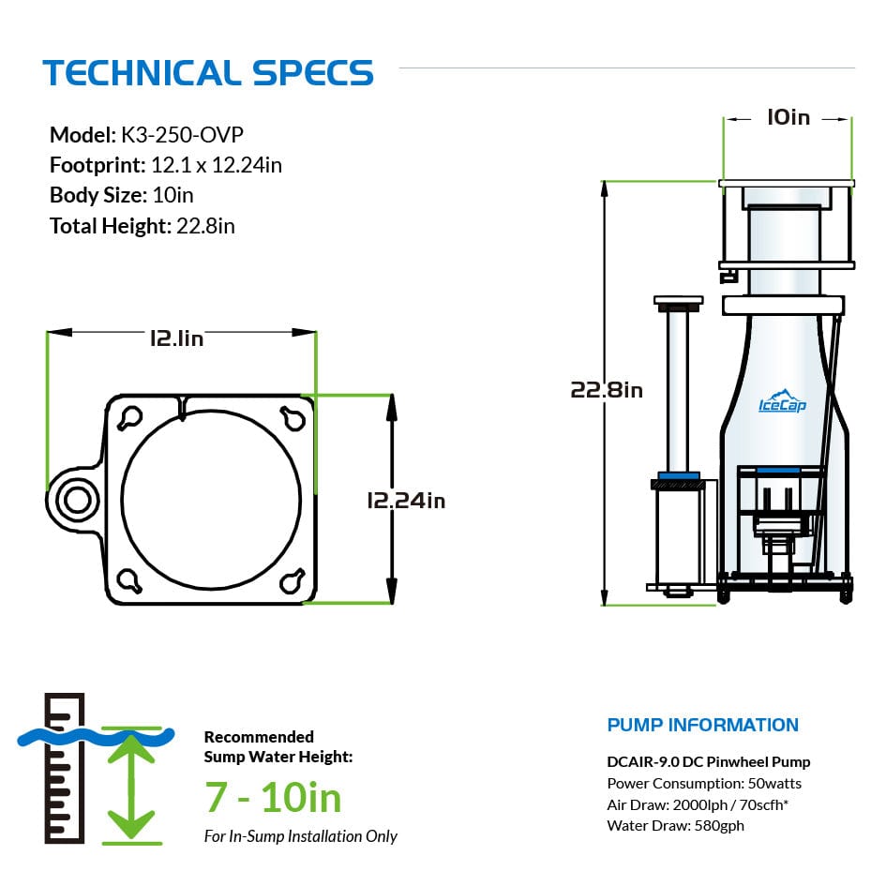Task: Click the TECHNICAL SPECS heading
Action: pyautogui.click(x=208, y=73)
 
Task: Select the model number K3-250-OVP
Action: pyautogui.click(x=182, y=135)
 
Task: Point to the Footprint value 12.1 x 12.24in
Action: pyautogui.click(x=217, y=166)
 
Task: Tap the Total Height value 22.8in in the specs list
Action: pyautogui.click(x=205, y=226)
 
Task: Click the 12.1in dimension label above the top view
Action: pyautogui.click(x=177, y=338)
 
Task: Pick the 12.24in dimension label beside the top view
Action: pyautogui.click(x=406, y=501)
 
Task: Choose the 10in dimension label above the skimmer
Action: pyautogui.click(x=788, y=117)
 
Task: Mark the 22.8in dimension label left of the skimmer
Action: pyautogui.click(x=607, y=390)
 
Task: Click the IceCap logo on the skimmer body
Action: pyautogui.click(x=782, y=401)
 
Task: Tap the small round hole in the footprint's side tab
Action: pyautogui.click(x=78, y=500)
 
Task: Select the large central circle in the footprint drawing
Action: pyautogui.click(x=211, y=499)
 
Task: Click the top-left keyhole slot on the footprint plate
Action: pyautogui.click(x=129, y=418)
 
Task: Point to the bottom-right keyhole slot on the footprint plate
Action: pyautogui.click(x=293, y=580)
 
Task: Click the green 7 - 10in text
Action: pyautogui.click(x=273, y=798)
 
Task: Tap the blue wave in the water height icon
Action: pyautogui.click(x=96, y=737)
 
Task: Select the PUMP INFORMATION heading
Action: pyautogui.click(x=703, y=725)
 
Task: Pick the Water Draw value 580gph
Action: pyautogui.click(x=719, y=826)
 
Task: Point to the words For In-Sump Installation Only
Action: pyautogui.click(x=301, y=836)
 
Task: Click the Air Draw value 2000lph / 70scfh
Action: pyautogui.click(x=730, y=804)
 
